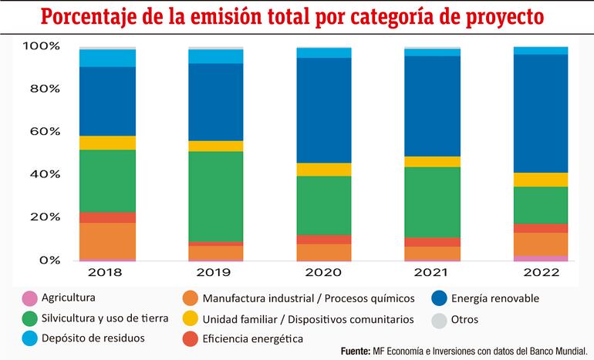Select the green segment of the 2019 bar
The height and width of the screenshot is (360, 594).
click(216, 197)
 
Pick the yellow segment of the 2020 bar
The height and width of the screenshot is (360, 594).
click(324, 170)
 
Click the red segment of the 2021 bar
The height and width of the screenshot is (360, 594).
click(432, 242)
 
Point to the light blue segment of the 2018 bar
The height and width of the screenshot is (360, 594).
click(107, 58)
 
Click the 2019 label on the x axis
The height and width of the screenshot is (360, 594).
click(216, 273)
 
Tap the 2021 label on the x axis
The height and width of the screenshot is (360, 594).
click(432, 273)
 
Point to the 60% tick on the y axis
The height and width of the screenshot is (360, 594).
click(41, 131)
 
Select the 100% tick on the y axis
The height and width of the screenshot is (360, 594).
click(39, 45)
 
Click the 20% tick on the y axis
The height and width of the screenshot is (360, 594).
click(41, 217)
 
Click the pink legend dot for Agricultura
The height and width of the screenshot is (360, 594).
click(29, 298)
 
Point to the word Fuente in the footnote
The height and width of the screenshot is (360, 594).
click(356, 352)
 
